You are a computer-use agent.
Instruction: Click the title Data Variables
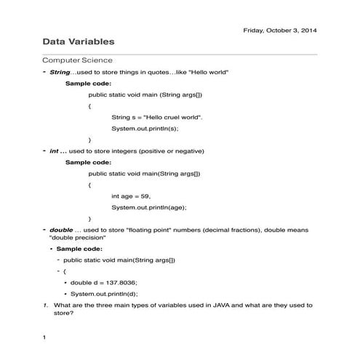click(x=78, y=43)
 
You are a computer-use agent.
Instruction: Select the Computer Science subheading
click(x=77, y=60)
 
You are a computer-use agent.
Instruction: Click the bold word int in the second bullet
click(x=54, y=151)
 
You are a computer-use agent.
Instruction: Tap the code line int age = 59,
click(x=131, y=196)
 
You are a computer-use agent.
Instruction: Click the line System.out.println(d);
click(x=104, y=294)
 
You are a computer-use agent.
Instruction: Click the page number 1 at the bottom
click(x=44, y=337)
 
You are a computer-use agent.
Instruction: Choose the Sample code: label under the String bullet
click(x=88, y=83)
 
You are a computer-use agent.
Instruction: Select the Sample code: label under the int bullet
click(x=88, y=162)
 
